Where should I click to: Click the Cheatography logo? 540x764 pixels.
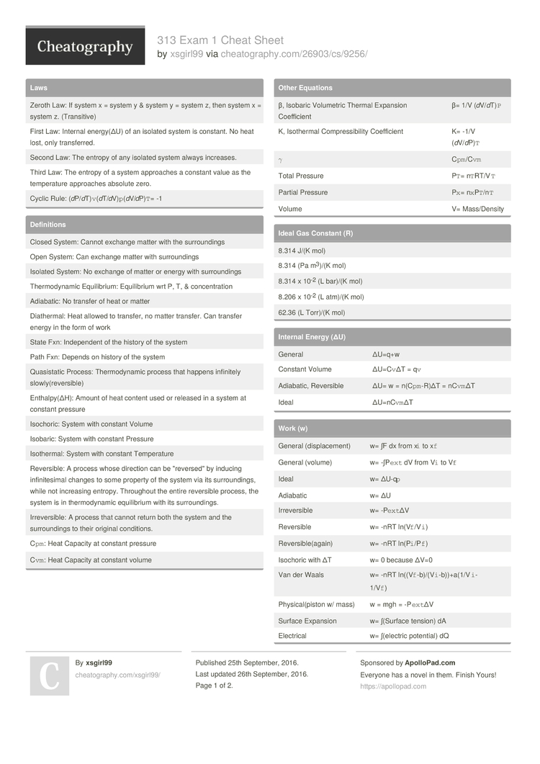click(x=85, y=47)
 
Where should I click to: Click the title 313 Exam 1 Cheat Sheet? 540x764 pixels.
click(x=220, y=40)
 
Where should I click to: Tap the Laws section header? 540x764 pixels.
click(x=39, y=88)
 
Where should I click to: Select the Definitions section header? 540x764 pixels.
click(x=48, y=225)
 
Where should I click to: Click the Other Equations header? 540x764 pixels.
click(x=305, y=88)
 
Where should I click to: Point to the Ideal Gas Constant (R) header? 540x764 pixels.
click(x=315, y=233)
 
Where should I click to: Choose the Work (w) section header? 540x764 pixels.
click(x=293, y=428)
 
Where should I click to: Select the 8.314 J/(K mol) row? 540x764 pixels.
click(x=302, y=251)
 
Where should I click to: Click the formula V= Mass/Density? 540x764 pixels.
click(x=478, y=209)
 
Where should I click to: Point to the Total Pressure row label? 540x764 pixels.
click(x=301, y=176)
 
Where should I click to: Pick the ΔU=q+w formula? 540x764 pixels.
click(x=385, y=354)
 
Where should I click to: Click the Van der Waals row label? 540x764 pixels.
click(x=301, y=575)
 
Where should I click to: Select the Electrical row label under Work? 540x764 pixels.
click(x=292, y=636)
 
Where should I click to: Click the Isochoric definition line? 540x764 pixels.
click(x=91, y=424)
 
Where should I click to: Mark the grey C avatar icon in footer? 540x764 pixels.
click(x=49, y=675)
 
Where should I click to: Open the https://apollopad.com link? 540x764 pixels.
click(x=393, y=686)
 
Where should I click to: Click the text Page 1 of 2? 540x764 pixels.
click(x=215, y=686)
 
